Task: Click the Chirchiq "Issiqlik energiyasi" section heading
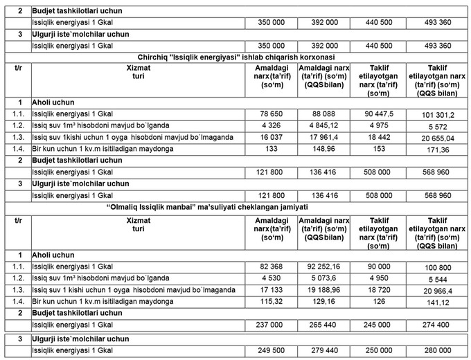pos(235,57)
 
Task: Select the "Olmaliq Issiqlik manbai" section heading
pos(235,206)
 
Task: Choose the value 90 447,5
pos(378,114)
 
